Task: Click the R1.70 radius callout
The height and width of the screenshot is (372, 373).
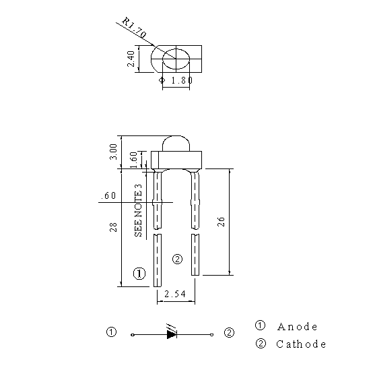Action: (134, 28)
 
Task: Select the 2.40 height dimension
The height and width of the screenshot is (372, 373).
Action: (131, 59)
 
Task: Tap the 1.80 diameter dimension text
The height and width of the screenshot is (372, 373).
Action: (182, 80)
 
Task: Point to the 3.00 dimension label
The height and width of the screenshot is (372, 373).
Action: (114, 152)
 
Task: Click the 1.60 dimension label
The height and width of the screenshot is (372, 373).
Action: (134, 160)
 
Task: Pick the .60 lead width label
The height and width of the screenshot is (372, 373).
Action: (108, 195)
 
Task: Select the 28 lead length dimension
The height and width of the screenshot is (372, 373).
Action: (114, 227)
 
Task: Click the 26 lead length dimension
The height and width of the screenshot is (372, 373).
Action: (221, 222)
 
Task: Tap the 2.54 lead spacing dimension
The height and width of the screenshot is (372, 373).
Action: (175, 294)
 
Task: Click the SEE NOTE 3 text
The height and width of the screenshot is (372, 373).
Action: (138, 210)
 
